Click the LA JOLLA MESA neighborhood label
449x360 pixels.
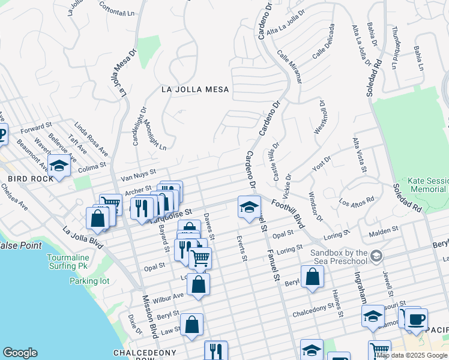(195, 89)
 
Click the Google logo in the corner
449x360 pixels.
(20, 353)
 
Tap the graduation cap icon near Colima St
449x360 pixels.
(59, 166)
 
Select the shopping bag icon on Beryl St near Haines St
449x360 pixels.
(312, 277)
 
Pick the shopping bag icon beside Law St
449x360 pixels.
(191, 325)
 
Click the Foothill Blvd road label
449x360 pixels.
(291, 214)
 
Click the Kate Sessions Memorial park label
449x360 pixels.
(427, 185)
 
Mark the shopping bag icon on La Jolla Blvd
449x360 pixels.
(97, 218)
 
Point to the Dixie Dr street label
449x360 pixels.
(134, 325)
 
